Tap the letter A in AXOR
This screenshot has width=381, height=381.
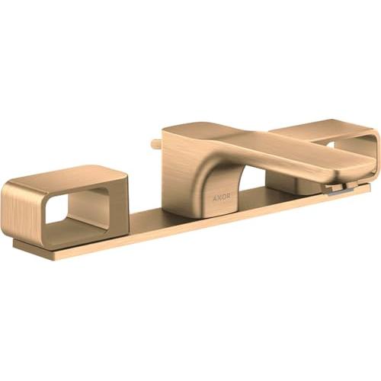click(x=214, y=197)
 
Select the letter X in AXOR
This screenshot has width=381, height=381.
click(x=219, y=197)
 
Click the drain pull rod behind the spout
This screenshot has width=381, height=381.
click(x=156, y=143)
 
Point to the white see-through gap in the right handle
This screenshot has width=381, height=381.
click(x=332, y=145)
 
